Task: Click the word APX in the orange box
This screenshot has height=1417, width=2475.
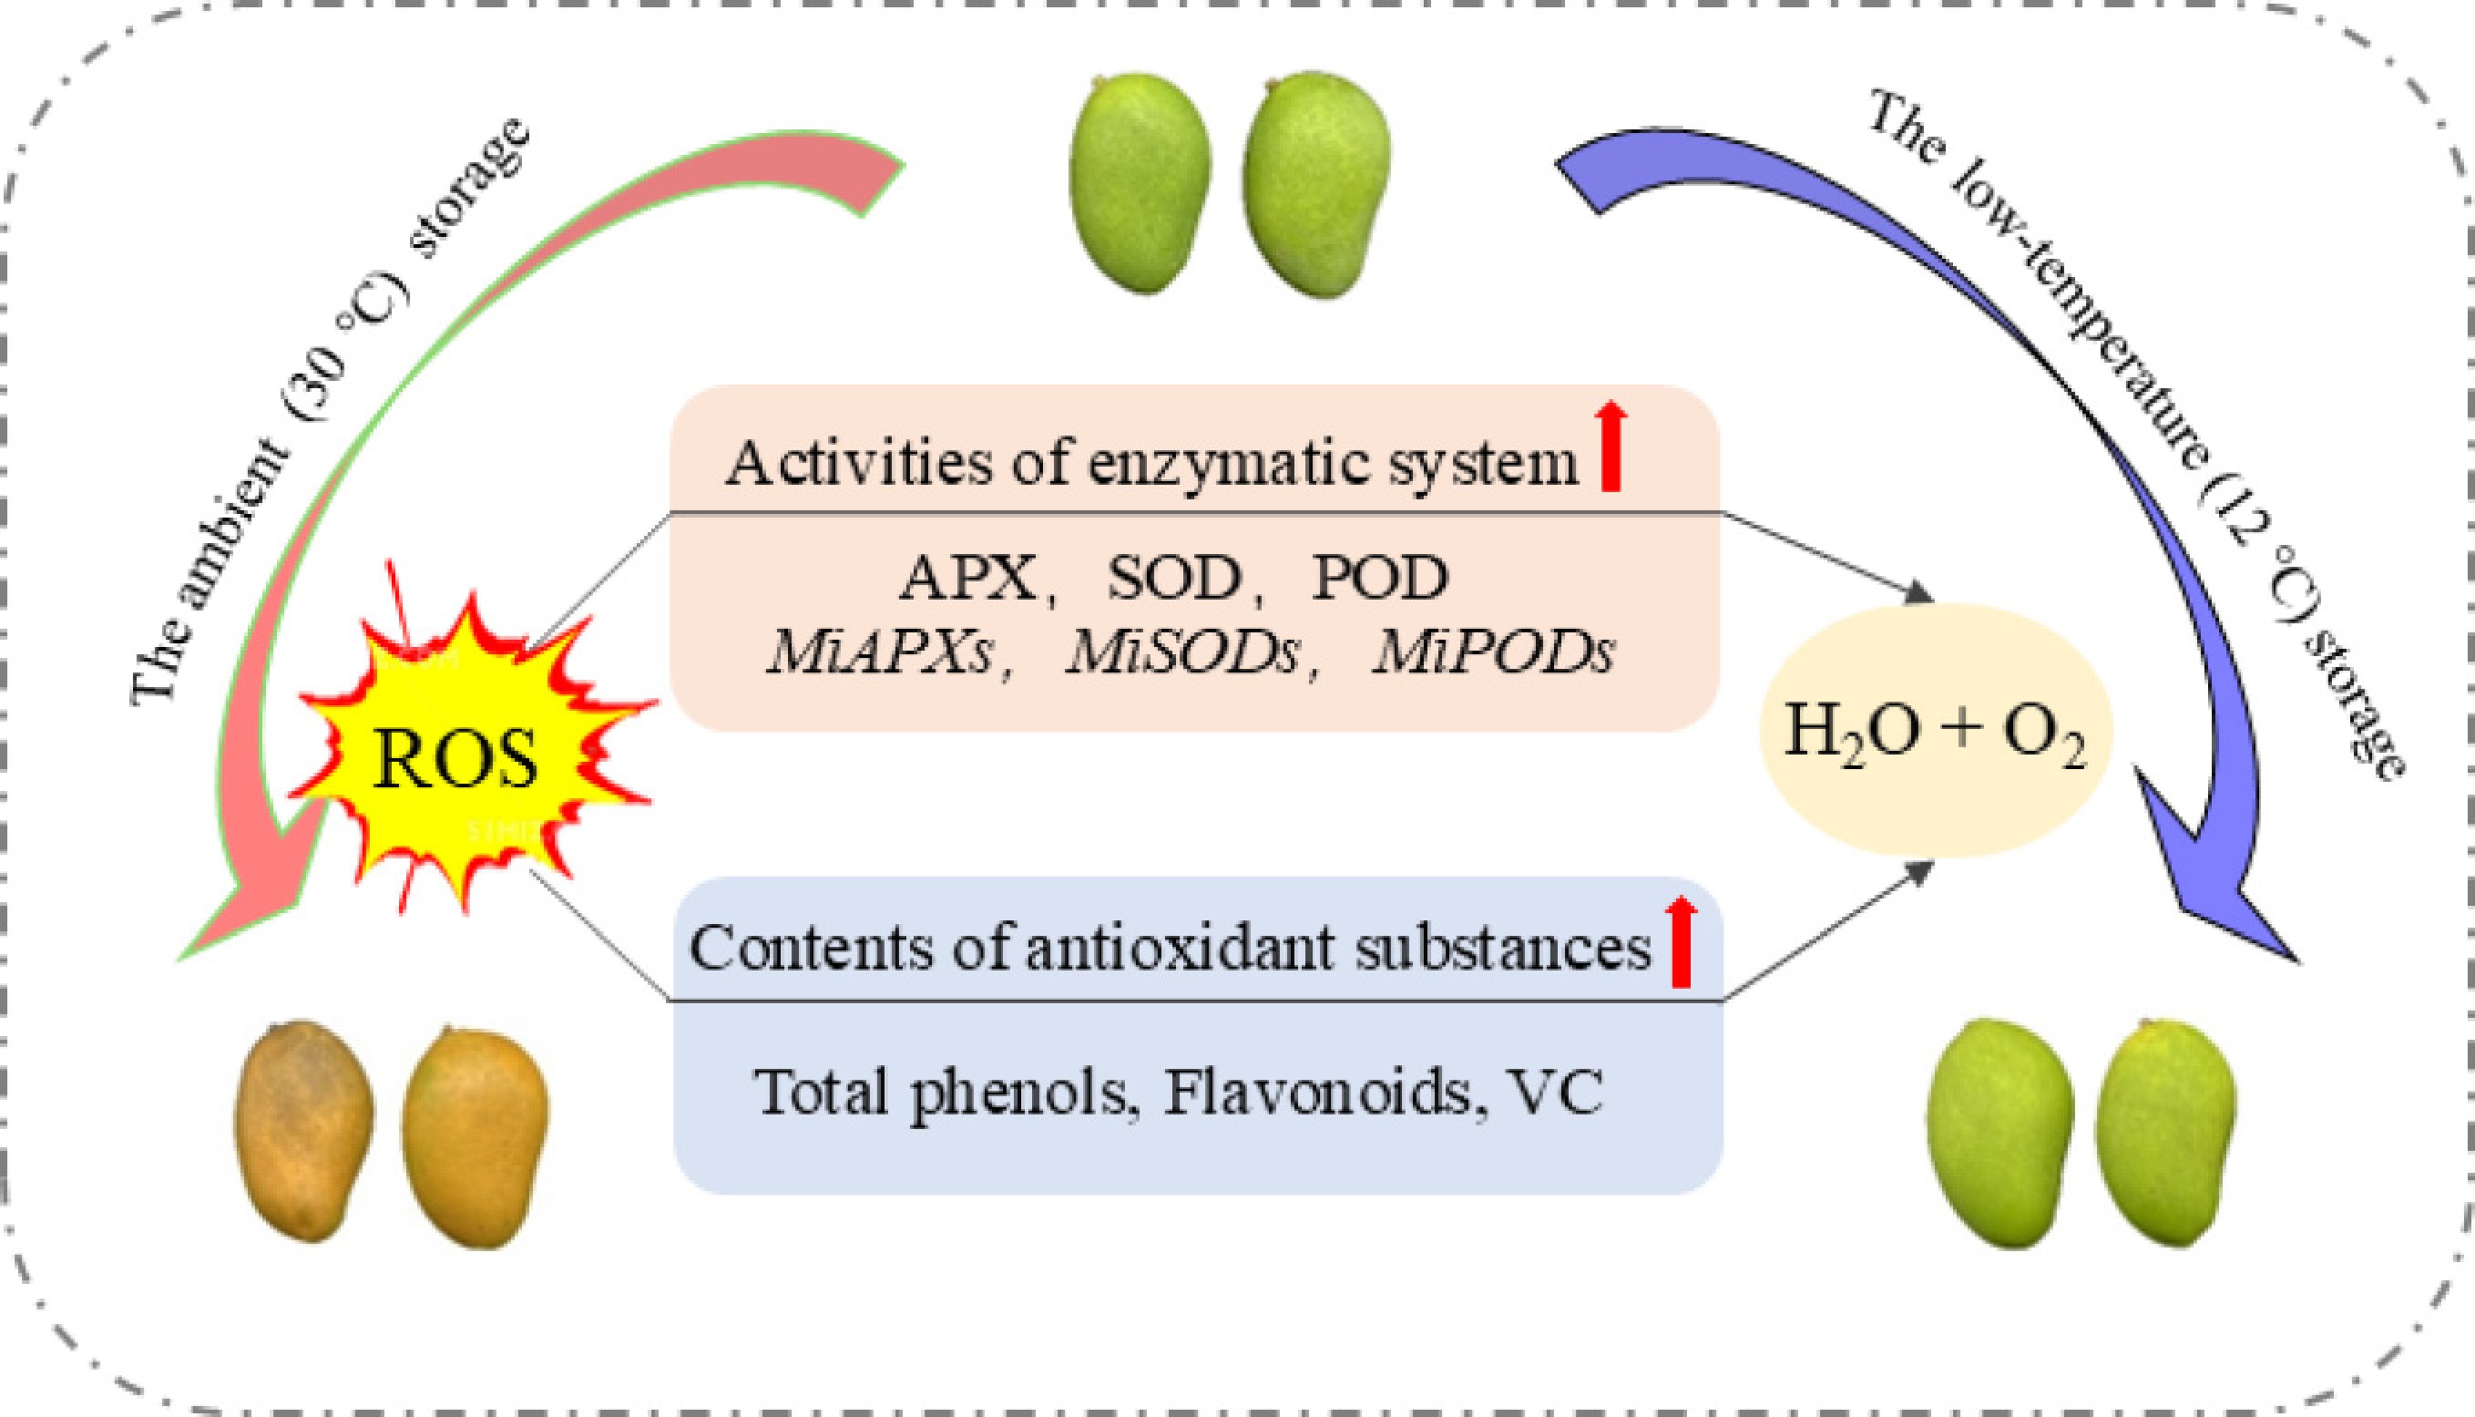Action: (969, 578)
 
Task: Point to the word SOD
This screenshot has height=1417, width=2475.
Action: (1175, 578)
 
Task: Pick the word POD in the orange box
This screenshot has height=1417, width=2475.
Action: (1380, 578)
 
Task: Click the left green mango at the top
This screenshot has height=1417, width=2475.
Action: (1140, 183)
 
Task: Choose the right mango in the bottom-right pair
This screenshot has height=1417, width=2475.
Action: (2165, 1133)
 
